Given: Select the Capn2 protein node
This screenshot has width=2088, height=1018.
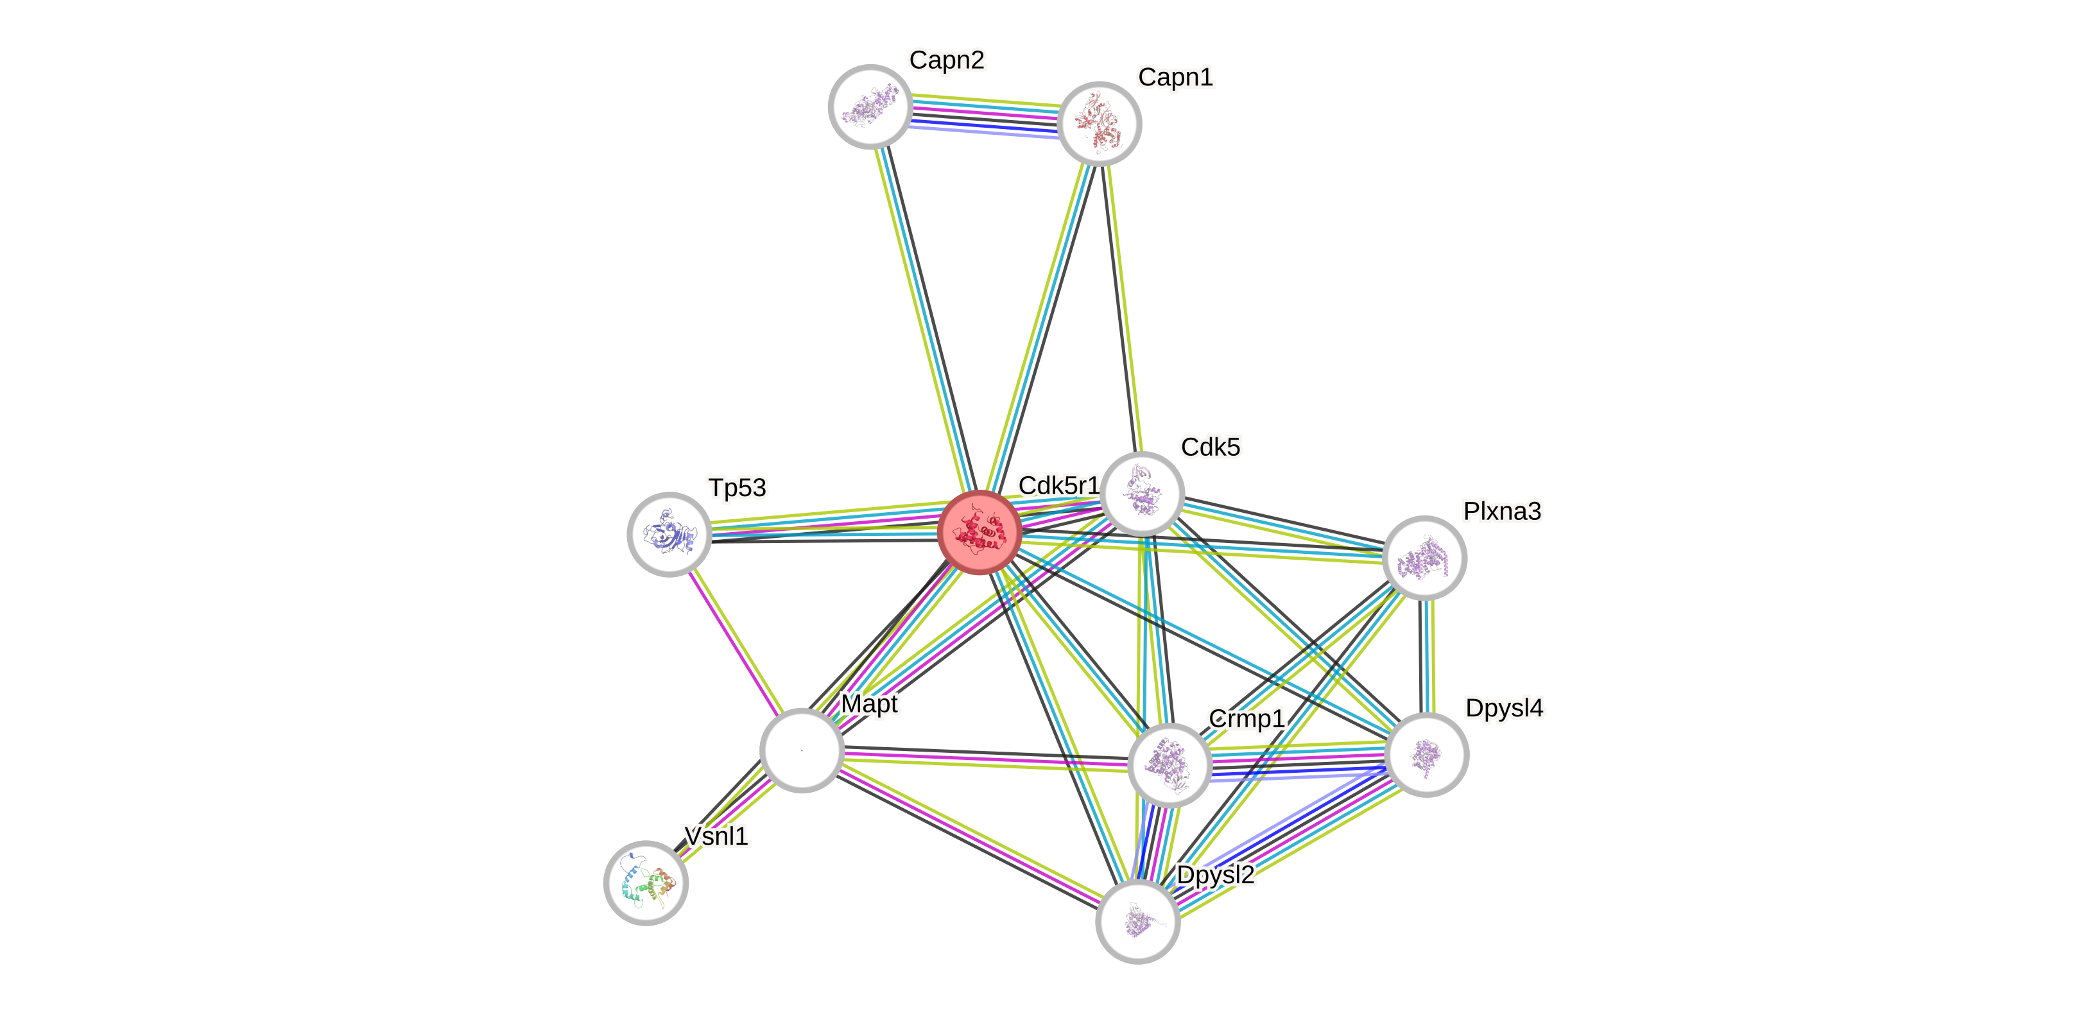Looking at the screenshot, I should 870,107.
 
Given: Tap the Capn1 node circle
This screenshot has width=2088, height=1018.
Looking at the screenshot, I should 1099,123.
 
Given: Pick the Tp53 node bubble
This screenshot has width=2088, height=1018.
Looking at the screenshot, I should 669,534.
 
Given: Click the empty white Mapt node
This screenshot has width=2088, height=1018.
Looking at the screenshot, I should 802,750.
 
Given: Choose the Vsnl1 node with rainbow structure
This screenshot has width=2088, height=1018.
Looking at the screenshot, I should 646,883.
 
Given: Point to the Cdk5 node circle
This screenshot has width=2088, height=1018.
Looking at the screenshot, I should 1143,494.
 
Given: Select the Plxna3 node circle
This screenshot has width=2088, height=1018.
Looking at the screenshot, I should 1424,558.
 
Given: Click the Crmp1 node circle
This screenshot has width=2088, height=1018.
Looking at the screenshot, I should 1169,765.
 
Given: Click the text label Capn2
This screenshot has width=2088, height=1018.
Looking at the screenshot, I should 947,60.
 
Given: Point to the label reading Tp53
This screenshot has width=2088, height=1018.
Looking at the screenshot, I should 737,488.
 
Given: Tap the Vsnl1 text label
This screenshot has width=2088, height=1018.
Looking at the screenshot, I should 716,836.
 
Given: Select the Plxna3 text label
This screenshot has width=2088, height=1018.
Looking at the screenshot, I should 1502,512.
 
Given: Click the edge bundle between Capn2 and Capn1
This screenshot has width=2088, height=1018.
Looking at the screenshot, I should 985,115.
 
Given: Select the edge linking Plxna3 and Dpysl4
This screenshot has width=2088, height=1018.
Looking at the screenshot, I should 1428,657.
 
